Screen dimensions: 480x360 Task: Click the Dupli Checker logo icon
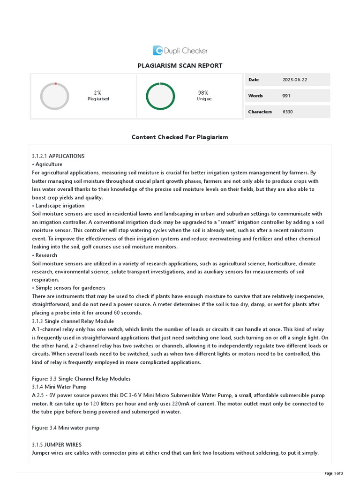tap(158, 51)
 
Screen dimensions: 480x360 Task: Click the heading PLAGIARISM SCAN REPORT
tap(180, 66)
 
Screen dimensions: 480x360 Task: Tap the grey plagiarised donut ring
tap(55, 96)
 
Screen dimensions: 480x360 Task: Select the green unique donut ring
tap(160, 96)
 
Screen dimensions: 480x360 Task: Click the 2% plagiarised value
tap(98, 93)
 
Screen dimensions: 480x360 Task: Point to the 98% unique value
tap(203, 93)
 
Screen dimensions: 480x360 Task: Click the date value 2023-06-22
tap(295, 80)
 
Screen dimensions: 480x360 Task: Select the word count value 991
tap(286, 96)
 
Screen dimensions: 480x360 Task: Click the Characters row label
tap(260, 112)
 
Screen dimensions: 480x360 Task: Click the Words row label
tap(255, 96)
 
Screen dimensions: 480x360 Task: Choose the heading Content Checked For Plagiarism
tap(180, 137)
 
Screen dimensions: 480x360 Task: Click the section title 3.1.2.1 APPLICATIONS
tap(58, 156)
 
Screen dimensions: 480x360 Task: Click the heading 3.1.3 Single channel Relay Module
tap(73, 321)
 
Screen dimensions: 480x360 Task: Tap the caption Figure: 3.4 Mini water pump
tap(66, 428)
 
